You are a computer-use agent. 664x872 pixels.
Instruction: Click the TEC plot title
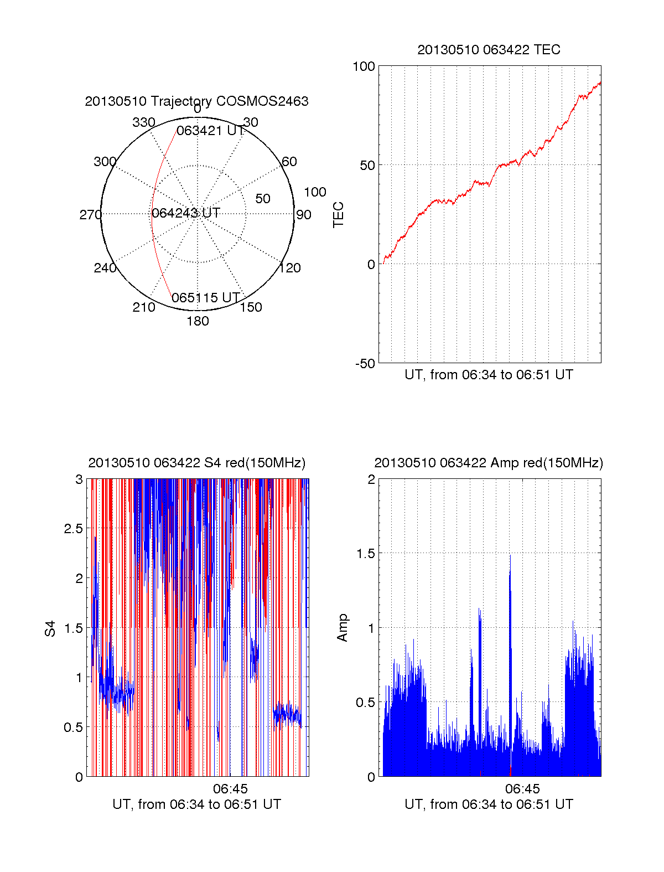click(x=489, y=50)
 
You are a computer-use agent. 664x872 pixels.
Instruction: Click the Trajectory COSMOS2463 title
click(x=196, y=101)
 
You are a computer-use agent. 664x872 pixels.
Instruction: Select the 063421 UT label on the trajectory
click(x=210, y=131)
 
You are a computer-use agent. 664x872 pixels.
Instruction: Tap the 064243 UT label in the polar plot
click(x=186, y=213)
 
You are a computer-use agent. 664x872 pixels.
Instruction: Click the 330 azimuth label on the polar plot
click(x=143, y=122)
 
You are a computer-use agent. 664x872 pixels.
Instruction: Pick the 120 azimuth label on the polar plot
click(x=290, y=268)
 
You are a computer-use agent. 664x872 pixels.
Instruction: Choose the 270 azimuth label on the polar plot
click(x=90, y=215)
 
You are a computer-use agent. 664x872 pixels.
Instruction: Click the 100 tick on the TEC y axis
click(x=364, y=66)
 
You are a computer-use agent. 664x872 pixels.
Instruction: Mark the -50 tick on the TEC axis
click(x=365, y=364)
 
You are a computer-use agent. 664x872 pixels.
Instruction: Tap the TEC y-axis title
click(x=338, y=215)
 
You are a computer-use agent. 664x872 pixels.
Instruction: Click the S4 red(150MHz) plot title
click(x=196, y=463)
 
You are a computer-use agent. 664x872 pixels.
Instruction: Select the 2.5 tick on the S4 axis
click(x=73, y=529)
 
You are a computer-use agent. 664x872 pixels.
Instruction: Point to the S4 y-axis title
click(x=50, y=628)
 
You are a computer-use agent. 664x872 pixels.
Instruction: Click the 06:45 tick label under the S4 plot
click(x=230, y=788)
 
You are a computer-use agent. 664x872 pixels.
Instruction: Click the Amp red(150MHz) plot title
click(x=489, y=463)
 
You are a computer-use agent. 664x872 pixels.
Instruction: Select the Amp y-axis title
click(x=343, y=628)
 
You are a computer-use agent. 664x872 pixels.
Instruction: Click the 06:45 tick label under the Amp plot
click(x=522, y=788)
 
